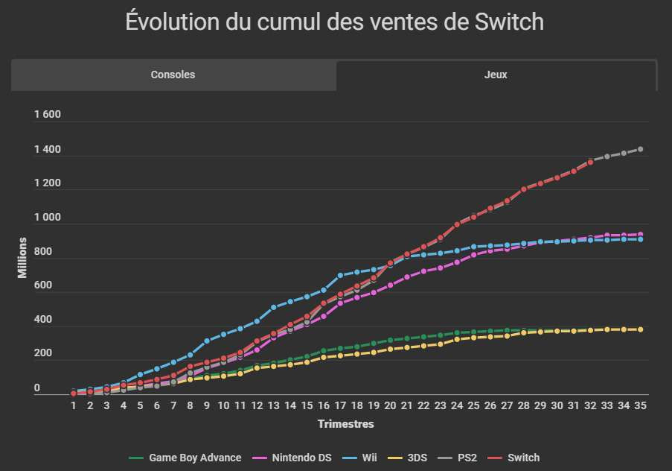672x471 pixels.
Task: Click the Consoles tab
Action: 173,75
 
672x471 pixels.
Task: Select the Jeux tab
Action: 496,75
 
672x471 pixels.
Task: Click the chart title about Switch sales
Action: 335,22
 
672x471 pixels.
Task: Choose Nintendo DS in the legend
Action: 295,458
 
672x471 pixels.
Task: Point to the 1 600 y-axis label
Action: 47,116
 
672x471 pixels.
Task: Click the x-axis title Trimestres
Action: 345,424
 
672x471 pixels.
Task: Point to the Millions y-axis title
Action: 22,257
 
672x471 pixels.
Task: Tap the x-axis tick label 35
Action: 640,406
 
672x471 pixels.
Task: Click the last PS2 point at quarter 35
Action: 640,150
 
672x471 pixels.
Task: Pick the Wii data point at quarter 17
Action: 340,276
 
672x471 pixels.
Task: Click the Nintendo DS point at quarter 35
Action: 640,235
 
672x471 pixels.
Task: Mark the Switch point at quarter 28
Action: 524,189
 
